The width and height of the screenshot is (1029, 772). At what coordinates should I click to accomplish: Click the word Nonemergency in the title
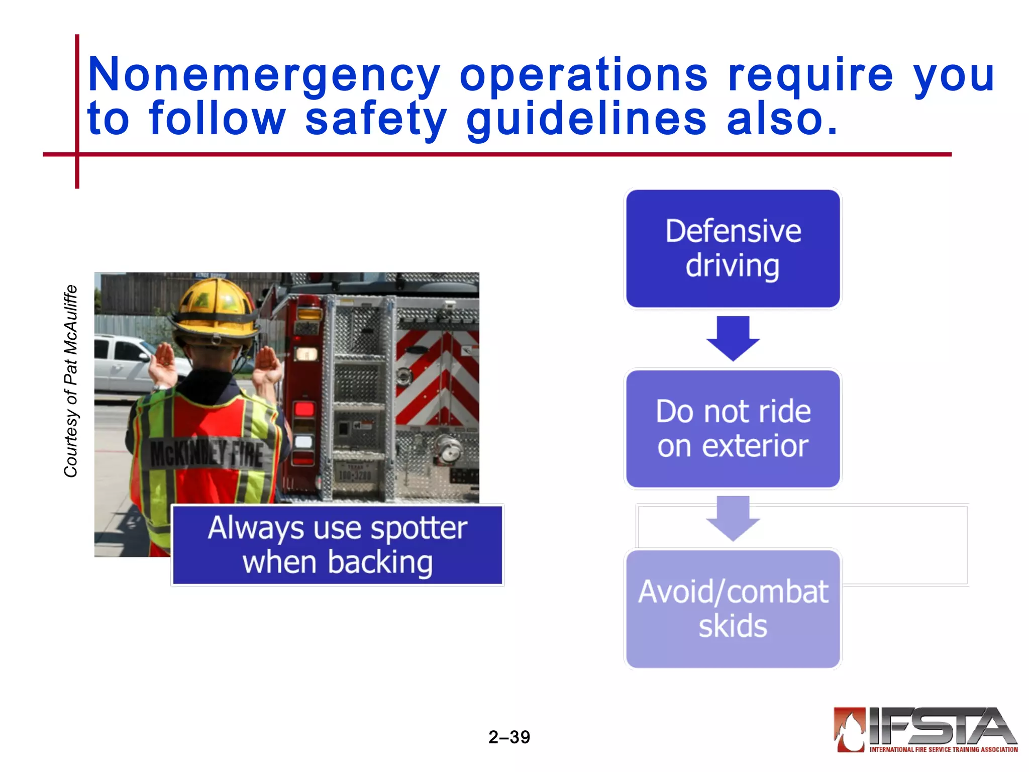point(264,75)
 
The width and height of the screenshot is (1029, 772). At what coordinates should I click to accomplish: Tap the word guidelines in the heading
point(586,120)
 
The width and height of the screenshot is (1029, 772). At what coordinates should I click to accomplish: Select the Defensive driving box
point(733,248)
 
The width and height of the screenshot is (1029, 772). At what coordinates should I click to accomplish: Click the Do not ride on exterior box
point(733,429)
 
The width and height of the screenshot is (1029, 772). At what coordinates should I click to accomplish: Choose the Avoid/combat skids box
point(733,609)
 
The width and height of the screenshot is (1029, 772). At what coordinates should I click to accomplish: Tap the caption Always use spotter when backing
point(337,545)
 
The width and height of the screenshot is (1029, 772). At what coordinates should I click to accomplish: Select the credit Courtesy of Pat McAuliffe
point(71,381)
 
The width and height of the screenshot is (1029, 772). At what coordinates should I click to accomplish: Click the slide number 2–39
point(509,737)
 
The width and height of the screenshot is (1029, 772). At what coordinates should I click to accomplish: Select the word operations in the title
point(583,75)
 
